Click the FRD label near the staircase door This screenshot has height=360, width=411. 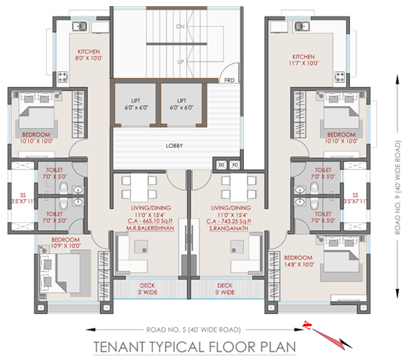229,80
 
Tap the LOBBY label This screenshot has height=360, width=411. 174,146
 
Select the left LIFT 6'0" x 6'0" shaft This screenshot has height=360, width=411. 136,105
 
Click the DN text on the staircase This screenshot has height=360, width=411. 180,27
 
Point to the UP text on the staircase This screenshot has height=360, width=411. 180,62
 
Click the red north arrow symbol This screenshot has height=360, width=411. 327,335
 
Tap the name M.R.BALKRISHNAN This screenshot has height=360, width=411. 150,228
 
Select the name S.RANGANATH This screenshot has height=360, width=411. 229,229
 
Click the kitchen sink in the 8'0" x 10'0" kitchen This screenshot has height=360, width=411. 80,27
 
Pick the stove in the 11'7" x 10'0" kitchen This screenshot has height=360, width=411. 340,77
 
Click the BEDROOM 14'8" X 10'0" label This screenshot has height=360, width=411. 299,261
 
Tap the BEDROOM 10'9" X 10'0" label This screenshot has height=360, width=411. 66,243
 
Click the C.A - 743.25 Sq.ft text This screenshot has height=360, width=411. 229,222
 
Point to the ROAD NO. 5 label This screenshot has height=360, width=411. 193,330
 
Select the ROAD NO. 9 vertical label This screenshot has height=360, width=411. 398,188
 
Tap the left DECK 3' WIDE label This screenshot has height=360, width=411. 147,289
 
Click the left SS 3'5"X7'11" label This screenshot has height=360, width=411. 23,198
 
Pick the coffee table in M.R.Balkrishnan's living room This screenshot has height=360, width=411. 140,246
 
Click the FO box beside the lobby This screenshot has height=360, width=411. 235,165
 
